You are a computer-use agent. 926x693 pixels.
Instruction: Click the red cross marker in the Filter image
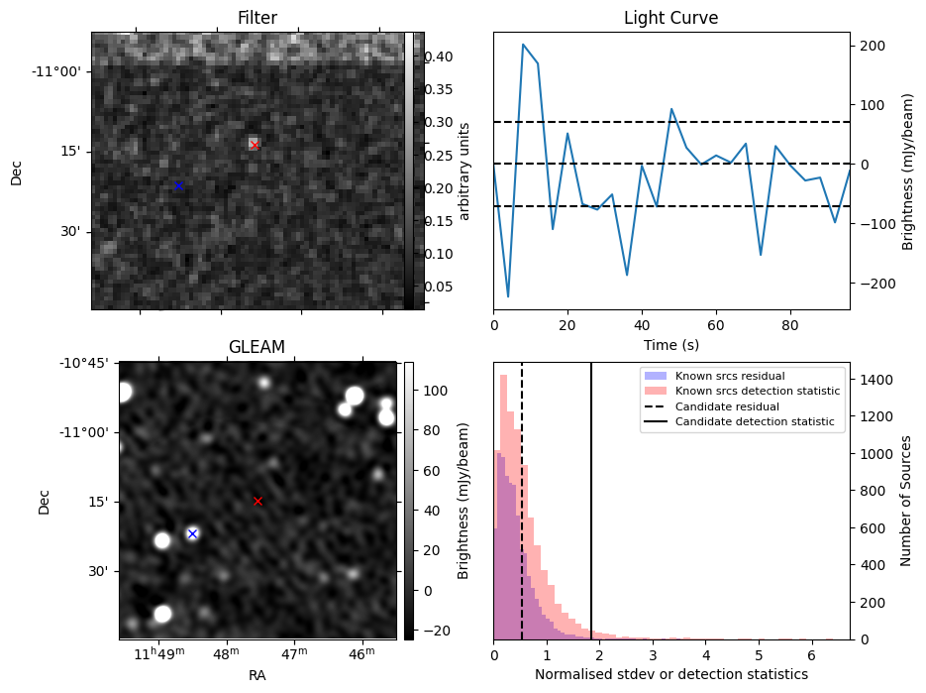tap(255, 146)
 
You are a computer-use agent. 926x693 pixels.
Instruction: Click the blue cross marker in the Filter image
tap(178, 185)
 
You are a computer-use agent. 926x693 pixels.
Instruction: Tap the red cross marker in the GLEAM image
tap(257, 501)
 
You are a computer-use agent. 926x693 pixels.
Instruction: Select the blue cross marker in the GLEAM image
tap(192, 533)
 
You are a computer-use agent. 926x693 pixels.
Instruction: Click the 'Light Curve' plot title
tap(670, 18)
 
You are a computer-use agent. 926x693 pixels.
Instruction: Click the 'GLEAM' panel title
tap(257, 347)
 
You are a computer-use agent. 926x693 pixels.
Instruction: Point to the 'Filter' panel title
tap(257, 18)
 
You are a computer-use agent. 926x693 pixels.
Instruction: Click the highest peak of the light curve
tap(523, 45)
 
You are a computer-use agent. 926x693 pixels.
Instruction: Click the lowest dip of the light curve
tap(508, 296)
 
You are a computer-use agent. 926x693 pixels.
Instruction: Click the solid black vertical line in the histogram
tap(591, 496)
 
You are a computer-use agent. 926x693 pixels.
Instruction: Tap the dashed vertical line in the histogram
tap(522, 496)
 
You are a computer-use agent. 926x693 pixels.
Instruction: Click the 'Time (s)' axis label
tap(670, 343)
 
